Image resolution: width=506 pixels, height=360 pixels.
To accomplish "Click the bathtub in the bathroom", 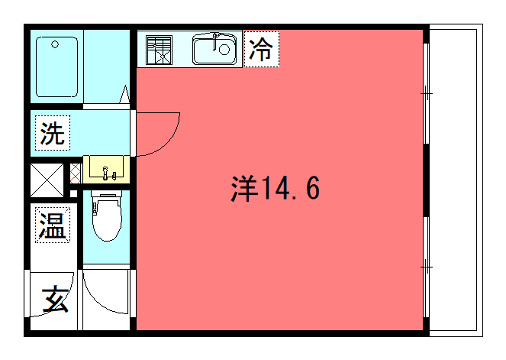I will point(57,66).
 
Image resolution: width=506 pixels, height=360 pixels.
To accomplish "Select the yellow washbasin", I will point(107,169).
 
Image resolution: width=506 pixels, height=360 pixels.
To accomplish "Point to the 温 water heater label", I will point(51,225).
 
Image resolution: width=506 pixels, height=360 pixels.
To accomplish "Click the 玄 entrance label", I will point(54,298).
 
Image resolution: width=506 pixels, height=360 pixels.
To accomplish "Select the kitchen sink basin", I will point(214,48).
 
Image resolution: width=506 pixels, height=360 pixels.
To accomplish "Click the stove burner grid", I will point(159,49).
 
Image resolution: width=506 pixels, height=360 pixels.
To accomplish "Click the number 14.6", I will point(292,187).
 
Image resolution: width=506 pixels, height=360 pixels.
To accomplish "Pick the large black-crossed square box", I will point(45,180).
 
